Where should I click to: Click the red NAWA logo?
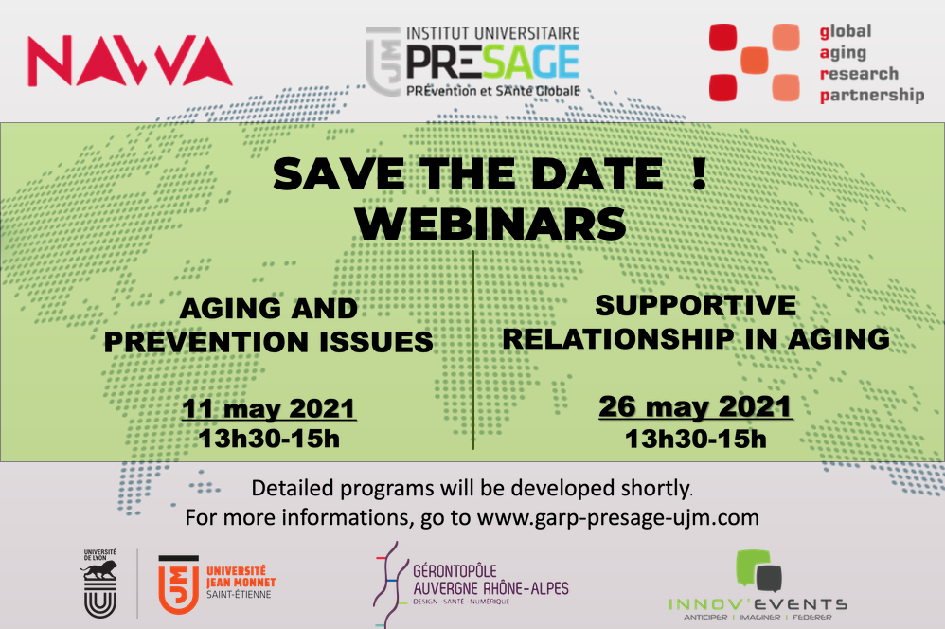(x=130, y=61)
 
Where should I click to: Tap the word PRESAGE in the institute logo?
(x=493, y=63)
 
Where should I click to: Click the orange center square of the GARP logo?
(x=754, y=60)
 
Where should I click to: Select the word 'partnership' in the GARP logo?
(x=871, y=96)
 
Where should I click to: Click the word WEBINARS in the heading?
(x=490, y=225)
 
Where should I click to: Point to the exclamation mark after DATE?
(x=699, y=173)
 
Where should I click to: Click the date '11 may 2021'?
(x=269, y=409)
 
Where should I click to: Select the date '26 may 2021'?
(x=695, y=407)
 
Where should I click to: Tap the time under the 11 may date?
(x=269, y=439)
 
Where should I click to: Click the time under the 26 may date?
(x=695, y=439)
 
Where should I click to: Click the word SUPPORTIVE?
(x=695, y=305)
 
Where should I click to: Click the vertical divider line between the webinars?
(x=473, y=350)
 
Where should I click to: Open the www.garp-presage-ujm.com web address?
(x=618, y=518)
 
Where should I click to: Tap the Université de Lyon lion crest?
(x=100, y=584)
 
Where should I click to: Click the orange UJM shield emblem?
(x=178, y=584)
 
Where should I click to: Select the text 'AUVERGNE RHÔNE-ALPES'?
(x=491, y=588)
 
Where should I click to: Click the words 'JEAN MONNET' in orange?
(x=241, y=583)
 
